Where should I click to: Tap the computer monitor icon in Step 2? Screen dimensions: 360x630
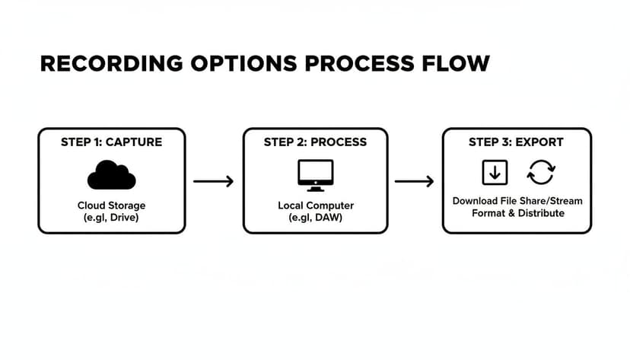click(315, 175)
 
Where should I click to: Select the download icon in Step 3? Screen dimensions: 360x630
click(495, 173)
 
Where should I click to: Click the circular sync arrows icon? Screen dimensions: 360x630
click(541, 173)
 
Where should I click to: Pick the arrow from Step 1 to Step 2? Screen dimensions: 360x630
click(213, 182)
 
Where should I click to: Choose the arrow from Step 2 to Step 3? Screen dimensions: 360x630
click(414, 182)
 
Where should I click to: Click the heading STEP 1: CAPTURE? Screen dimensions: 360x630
click(111, 142)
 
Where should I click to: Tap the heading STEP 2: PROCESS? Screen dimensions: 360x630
click(315, 142)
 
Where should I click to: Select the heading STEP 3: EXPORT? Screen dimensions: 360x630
click(516, 142)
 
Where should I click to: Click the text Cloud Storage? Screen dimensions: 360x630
click(111, 205)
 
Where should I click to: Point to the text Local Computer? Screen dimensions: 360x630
click(315, 205)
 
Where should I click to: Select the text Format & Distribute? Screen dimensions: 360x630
click(517, 213)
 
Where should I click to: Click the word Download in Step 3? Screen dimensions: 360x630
click(476, 201)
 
